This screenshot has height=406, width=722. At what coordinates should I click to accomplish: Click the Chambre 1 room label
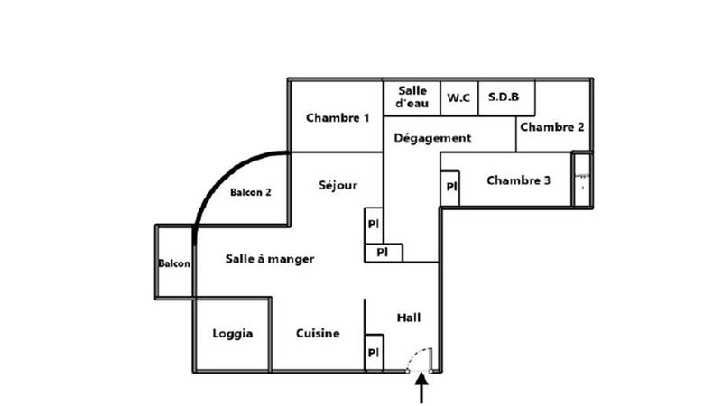(338, 117)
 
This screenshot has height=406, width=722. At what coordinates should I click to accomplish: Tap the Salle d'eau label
(412, 97)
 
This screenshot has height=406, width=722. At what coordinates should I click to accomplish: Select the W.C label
(458, 98)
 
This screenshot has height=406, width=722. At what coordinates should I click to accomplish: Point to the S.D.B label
(504, 97)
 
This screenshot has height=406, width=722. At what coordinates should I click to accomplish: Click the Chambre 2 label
(552, 126)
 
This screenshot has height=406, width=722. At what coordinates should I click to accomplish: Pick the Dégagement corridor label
(432, 138)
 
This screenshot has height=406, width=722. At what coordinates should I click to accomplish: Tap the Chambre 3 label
(519, 180)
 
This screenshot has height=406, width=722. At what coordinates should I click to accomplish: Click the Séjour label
(338, 186)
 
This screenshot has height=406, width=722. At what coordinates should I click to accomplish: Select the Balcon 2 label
(250, 192)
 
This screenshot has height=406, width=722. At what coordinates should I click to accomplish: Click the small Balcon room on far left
(174, 263)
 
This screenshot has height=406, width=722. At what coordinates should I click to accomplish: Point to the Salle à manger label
(269, 259)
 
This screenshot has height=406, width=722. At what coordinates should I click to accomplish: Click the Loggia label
(233, 334)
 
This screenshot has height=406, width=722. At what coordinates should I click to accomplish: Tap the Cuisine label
(318, 334)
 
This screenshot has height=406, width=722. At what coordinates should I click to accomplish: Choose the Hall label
(409, 318)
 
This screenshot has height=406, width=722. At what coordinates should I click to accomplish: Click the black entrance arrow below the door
(421, 389)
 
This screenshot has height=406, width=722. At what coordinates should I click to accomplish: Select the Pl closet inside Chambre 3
(450, 188)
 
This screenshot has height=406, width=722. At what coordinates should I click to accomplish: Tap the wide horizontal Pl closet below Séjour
(383, 252)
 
